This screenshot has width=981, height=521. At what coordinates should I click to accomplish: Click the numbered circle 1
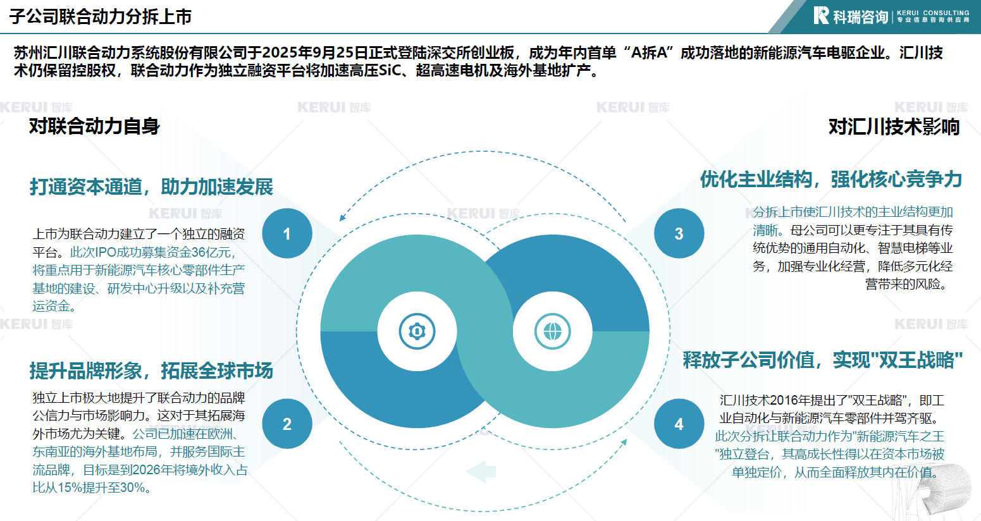coord(287,233)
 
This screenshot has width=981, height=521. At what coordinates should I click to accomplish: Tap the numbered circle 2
coord(287,424)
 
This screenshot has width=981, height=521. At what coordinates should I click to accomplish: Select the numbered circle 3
coord(679,233)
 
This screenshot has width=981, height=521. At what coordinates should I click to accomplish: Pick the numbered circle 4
coord(679,424)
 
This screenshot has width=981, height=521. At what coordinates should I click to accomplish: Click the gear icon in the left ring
coord(417,331)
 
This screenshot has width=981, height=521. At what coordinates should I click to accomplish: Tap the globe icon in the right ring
coord(552,331)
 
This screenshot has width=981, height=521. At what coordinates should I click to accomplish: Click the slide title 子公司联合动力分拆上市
coord(101,16)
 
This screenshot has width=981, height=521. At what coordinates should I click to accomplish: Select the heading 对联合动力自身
coord(94,126)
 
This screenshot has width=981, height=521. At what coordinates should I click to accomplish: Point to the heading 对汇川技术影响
coord(894,127)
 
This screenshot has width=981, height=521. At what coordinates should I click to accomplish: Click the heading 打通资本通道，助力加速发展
coord(152,187)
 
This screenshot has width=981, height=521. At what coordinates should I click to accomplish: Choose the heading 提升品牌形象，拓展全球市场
coord(152,371)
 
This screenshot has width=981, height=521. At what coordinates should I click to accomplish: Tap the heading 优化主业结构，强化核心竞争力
coord(831,180)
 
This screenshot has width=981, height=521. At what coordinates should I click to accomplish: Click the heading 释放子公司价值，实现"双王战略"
coord(823,360)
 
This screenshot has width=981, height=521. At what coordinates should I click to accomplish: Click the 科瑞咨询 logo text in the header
coord(860,16)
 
